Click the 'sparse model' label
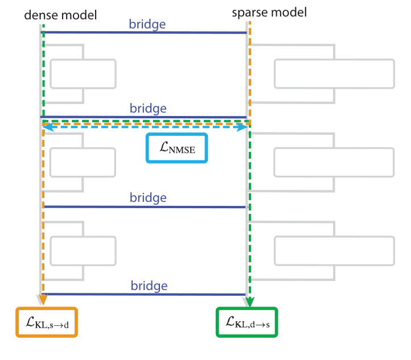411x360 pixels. tap(269, 12)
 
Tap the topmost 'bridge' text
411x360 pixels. tap(147, 24)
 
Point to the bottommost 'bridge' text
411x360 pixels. tap(149, 285)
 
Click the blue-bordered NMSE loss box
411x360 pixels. tap(177, 148)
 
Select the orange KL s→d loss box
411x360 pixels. tap(46, 323)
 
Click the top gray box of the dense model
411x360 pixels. tap(83, 73)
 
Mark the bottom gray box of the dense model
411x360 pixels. tap(83, 251)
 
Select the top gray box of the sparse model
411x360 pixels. tap(334, 73)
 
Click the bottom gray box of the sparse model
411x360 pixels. tap(334, 251)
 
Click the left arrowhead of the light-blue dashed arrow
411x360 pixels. tap(49, 128)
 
